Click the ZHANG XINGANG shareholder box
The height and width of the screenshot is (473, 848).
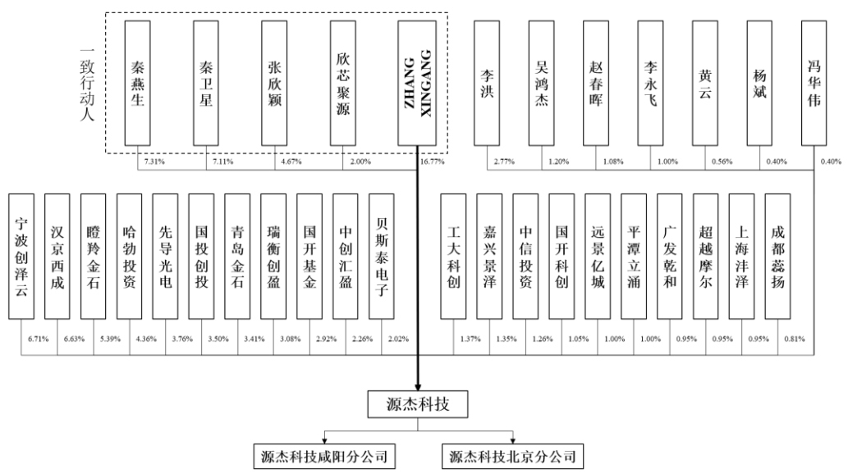417,83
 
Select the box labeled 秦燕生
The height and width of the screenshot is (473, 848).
137,83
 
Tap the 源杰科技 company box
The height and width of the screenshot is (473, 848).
418,404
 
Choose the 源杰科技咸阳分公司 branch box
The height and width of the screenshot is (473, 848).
324,457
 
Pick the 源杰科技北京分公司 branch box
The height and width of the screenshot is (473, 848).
513,457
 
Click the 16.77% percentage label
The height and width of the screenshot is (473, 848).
432,161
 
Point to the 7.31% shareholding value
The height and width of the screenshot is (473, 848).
154,161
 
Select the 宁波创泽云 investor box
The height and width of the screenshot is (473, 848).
21,257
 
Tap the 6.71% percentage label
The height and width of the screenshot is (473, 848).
39,339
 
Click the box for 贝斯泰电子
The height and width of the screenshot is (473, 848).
381,257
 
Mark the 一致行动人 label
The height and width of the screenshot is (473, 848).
87,84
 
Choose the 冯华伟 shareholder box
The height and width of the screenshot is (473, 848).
814,83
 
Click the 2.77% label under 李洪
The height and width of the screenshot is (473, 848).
504,161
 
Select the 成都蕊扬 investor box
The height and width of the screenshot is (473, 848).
777,257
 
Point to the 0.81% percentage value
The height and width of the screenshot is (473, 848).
795,339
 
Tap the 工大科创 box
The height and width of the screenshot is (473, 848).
453,257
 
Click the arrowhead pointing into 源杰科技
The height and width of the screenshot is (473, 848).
418,387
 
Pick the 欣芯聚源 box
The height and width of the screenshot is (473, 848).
343,83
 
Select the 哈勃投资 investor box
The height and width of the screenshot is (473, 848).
129,257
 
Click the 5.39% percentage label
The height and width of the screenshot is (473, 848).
110,339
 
